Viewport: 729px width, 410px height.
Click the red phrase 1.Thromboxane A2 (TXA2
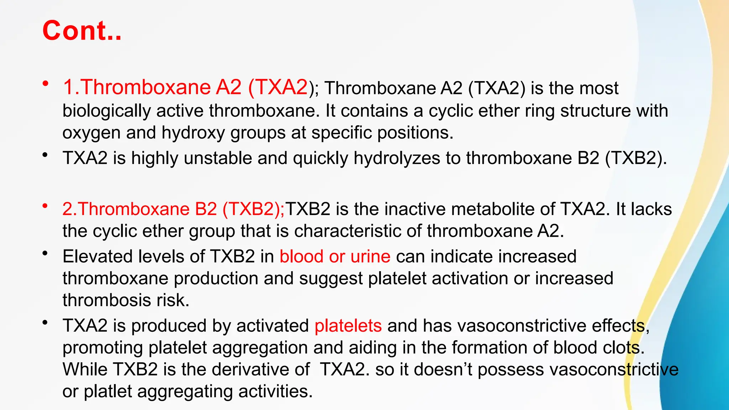point(185,87)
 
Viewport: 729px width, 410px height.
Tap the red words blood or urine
point(335,257)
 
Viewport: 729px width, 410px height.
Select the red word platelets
point(348,326)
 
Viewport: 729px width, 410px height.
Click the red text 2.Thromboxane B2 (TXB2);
point(173,209)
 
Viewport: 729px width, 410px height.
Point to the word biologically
point(106,111)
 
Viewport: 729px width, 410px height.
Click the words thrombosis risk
point(126,300)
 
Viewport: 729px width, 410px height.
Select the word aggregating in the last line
point(185,391)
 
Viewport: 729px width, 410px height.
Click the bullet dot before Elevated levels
point(45,253)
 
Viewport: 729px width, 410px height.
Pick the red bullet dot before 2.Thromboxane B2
point(45,206)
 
